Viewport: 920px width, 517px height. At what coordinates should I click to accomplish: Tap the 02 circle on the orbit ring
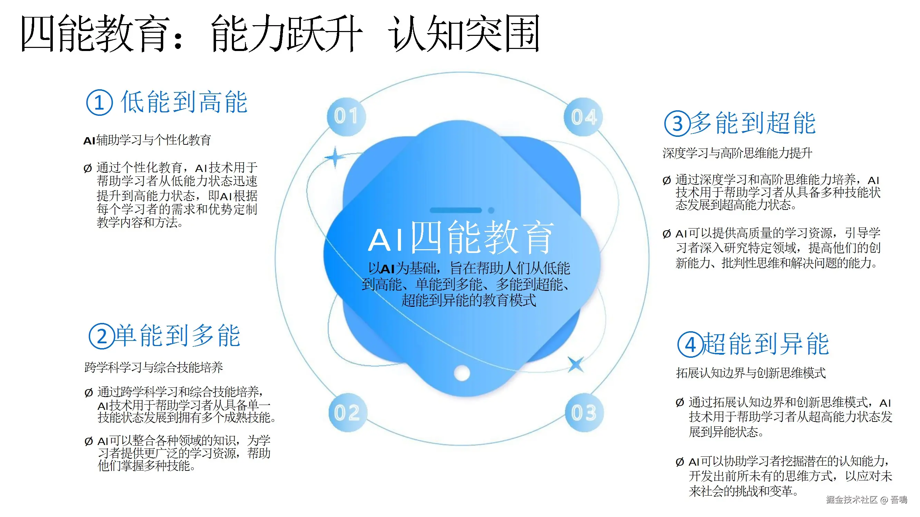tap(348, 413)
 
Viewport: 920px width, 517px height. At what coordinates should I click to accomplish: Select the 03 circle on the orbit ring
tap(584, 413)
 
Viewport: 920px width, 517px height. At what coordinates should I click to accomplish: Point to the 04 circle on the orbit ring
tap(584, 117)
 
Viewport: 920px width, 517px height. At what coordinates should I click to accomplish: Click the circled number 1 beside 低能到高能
tap(100, 103)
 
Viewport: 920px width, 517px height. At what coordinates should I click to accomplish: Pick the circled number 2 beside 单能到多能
tap(102, 336)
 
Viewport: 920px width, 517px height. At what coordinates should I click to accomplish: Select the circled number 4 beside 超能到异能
tap(691, 345)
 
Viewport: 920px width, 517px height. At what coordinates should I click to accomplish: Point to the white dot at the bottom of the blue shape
tap(462, 373)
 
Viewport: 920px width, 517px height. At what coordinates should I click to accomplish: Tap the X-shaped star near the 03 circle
tap(575, 364)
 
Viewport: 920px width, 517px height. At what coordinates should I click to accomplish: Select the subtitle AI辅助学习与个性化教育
tap(147, 140)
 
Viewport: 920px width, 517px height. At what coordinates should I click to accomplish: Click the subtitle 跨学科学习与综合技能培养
tap(154, 367)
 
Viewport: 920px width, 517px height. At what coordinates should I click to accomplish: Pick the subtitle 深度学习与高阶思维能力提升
tap(737, 153)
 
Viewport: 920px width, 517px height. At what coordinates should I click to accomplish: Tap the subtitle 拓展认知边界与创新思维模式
tap(751, 373)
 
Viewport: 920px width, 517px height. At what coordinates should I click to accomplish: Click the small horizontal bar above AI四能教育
tap(456, 210)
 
